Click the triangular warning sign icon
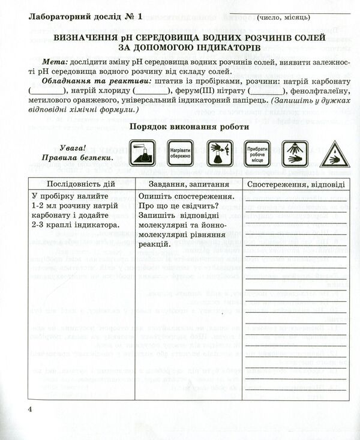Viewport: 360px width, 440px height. point(331,155)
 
